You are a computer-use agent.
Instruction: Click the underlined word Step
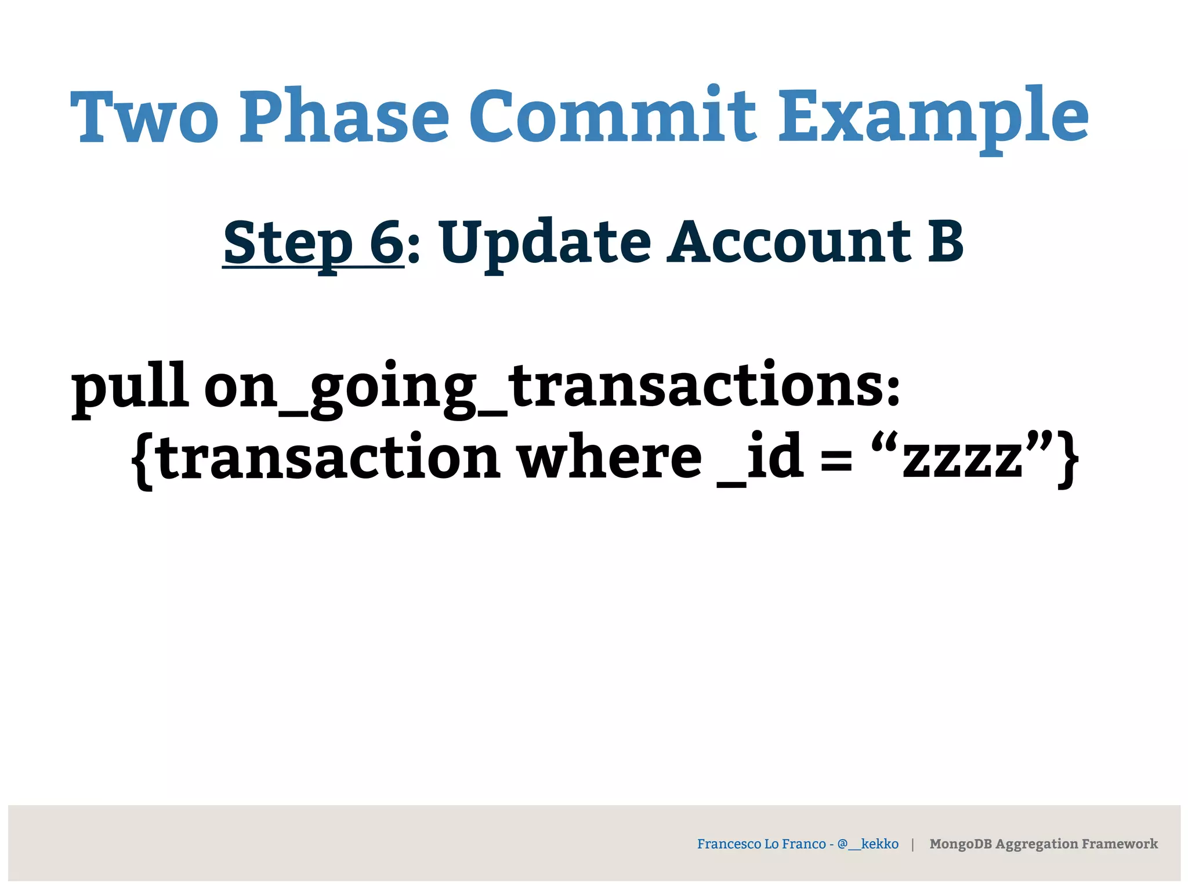pyautogui.click(x=288, y=242)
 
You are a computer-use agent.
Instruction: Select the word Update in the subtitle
pyautogui.click(x=545, y=242)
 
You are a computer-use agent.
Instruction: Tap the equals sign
pyautogui.click(x=836, y=461)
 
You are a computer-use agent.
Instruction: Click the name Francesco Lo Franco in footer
pyautogui.click(x=761, y=843)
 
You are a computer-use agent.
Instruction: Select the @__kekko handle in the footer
pyautogui.click(x=868, y=843)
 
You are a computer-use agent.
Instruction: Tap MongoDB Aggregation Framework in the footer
pyautogui.click(x=1043, y=843)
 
